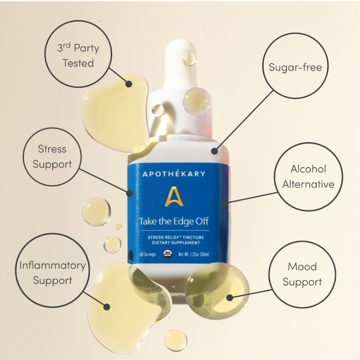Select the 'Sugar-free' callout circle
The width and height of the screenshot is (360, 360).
coord(295,67)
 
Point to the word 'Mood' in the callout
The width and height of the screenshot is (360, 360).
coord(302,267)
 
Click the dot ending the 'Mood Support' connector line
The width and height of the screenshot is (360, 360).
coord(229,296)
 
